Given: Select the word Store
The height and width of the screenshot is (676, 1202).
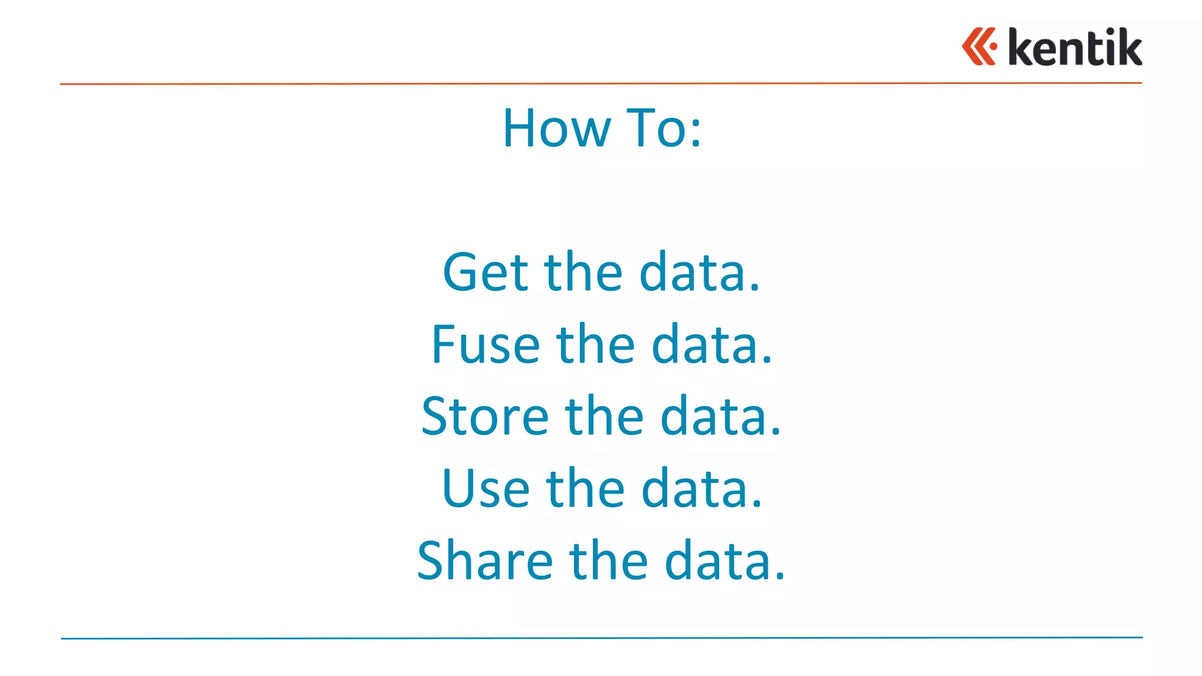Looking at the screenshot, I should point(485,416).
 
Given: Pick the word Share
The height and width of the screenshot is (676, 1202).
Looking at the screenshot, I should point(485,561).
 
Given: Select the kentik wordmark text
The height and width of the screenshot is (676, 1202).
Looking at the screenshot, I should point(1075,47).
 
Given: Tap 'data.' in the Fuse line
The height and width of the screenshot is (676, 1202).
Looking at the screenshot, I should point(712,344).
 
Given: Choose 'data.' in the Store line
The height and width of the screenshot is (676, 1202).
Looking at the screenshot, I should point(721,416).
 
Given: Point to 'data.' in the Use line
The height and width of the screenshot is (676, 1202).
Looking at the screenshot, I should point(702,488).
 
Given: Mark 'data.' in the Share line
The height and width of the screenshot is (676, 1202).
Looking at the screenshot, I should point(725,561).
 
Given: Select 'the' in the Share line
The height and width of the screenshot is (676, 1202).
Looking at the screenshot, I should point(609,561).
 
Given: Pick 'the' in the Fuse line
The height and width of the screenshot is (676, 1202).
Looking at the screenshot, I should point(596,344).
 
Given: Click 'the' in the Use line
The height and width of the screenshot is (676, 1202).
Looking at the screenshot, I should point(586,488).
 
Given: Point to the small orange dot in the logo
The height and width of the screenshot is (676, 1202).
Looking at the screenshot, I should point(993,46).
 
